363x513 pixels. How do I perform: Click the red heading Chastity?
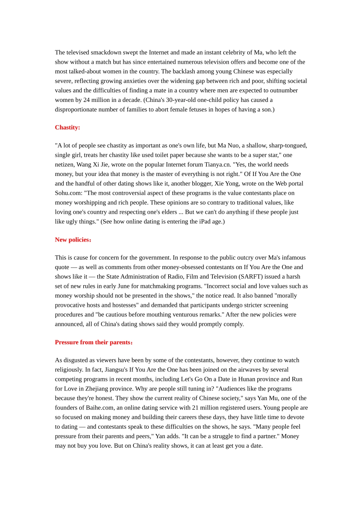(67, 127)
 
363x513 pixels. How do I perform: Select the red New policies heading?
(73, 240)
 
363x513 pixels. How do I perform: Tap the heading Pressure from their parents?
(94, 342)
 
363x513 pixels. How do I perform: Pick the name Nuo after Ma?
(233, 145)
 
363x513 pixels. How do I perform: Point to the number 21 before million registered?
(195, 408)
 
